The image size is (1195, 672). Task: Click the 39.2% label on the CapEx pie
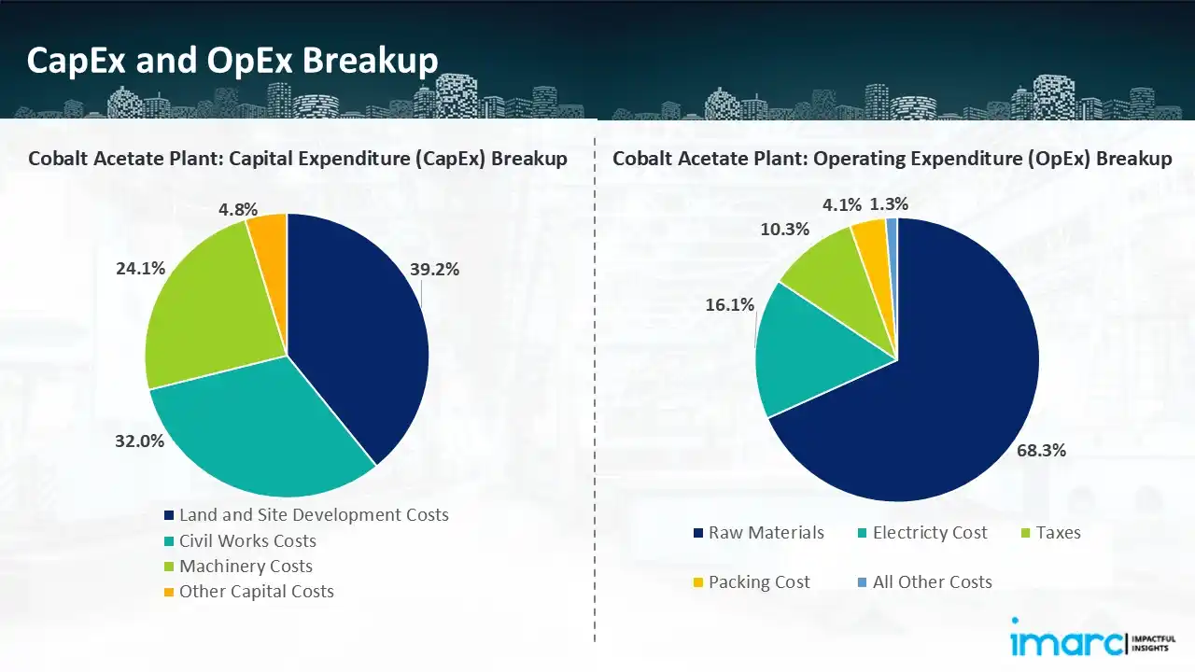point(434,270)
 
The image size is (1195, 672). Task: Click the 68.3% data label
point(1041,451)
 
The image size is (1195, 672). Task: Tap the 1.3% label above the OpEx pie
point(888,203)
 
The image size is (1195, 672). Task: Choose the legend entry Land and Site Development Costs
point(314,515)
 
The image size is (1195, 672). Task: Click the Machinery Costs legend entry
point(246,567)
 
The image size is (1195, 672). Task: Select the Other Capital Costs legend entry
point(256,592)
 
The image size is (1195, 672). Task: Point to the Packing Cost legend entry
point(759,582)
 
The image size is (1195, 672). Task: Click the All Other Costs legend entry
point(932,582)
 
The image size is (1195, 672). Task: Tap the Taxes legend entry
point(1057,533)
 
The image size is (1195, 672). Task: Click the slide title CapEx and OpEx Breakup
point(232,61)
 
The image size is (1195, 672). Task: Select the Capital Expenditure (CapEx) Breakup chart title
point(297,159)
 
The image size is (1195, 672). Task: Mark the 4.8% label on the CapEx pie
point(237,209)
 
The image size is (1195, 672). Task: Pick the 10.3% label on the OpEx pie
point(785,229)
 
